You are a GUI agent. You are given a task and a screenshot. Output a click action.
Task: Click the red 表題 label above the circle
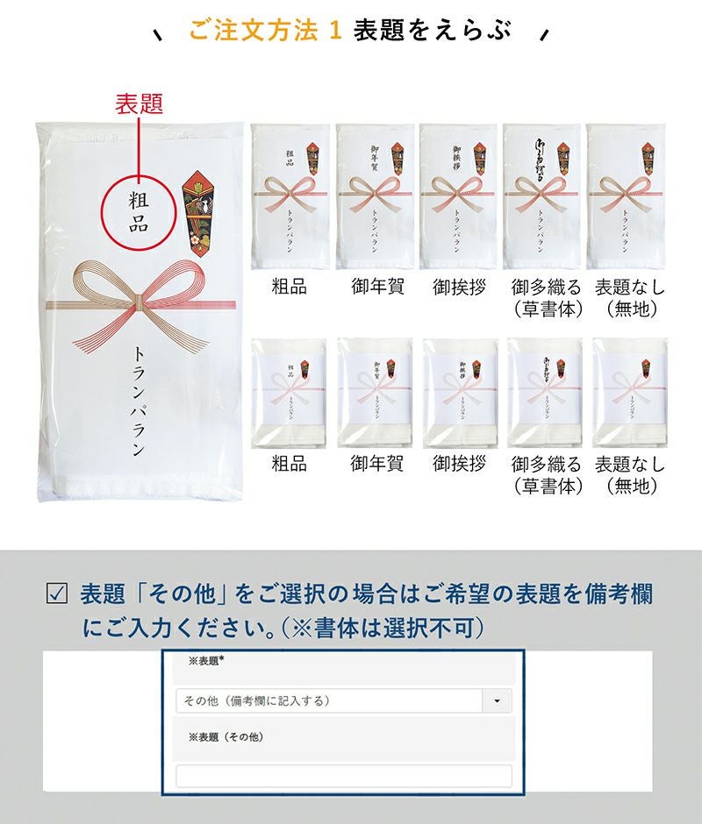[139, 104]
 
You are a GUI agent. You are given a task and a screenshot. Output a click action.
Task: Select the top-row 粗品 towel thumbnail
[290, 196]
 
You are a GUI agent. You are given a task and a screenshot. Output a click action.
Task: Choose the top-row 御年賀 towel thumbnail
[375, 196]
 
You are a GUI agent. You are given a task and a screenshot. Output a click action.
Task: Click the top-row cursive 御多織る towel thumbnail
[542, 196]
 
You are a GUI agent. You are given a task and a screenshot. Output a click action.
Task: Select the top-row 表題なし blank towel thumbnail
[626, 196]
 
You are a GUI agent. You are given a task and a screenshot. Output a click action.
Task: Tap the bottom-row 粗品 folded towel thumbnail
[290, 393]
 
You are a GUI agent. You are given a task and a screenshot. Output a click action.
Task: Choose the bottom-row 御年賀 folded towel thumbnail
[375, 393]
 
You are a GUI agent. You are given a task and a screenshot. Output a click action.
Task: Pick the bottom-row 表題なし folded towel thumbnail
[628, 393]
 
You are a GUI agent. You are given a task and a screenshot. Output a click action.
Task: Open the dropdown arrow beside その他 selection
[498, 701]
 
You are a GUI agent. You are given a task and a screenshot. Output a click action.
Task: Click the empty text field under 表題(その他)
[344, 776]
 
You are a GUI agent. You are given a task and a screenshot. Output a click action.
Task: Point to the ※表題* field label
[206, 661]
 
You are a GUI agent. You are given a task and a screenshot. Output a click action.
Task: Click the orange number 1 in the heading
[333, 32]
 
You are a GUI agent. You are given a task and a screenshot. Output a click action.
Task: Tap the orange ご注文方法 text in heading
[254, 32]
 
